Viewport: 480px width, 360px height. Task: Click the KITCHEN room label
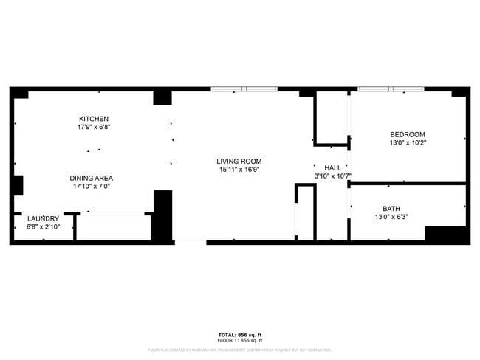(95, 119)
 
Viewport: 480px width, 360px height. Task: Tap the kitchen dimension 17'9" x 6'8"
(95, 127)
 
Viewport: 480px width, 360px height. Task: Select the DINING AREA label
(92, 178)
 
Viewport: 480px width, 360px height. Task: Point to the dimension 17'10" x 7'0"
(92, 187)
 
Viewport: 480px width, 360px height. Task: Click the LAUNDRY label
(43, 219)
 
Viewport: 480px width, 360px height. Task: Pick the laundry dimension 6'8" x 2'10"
(43, 227)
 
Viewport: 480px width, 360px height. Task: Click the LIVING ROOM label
(239, 161)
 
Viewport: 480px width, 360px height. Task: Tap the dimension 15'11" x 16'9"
(239, 170)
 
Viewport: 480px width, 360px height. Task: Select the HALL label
(332, 167)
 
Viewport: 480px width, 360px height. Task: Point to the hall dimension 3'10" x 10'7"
(332, 176)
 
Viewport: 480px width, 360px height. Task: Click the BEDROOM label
(408, 134)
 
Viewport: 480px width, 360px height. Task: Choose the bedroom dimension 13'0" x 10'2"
(408, 142)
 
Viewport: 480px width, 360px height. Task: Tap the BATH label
(391, 209)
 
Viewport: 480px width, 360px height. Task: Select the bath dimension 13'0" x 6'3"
(391, 217)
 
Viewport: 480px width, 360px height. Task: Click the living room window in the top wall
(244, 89)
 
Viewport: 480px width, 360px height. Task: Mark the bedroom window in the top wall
(391, 89)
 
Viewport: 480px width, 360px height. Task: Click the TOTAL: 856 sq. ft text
(240, 336)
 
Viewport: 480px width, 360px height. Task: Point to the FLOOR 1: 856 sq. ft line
(240, 341)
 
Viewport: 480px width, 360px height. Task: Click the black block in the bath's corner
(446, 235)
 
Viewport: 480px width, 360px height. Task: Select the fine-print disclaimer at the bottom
(240, 350)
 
